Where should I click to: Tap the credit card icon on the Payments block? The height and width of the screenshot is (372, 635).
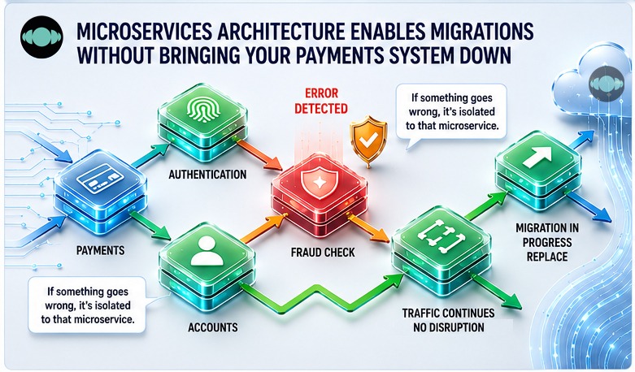(x=100, y=179)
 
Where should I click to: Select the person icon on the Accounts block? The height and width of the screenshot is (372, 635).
(x=207, y=251)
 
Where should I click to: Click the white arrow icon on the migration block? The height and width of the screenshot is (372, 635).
(x=537, y=157)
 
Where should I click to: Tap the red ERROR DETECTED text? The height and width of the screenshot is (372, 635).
(x=321, y=101)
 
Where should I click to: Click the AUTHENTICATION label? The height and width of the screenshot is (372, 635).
(x=207, y=175)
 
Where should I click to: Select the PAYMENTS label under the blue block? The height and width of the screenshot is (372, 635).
(x=101, y=250)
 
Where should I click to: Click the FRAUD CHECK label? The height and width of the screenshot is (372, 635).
(x=323, y=253)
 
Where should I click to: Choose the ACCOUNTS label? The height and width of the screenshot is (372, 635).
(x=212, y=327)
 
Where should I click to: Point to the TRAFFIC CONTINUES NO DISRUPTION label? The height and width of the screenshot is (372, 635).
(x=448, y=320)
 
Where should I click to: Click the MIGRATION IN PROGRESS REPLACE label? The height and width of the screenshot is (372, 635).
(x=547, y=242)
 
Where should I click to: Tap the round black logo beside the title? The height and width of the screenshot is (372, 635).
(x=41, y=37)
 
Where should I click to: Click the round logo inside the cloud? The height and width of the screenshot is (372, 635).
(x=607, y=84)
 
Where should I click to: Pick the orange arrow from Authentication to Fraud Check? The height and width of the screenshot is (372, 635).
(x=257, y=154)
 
